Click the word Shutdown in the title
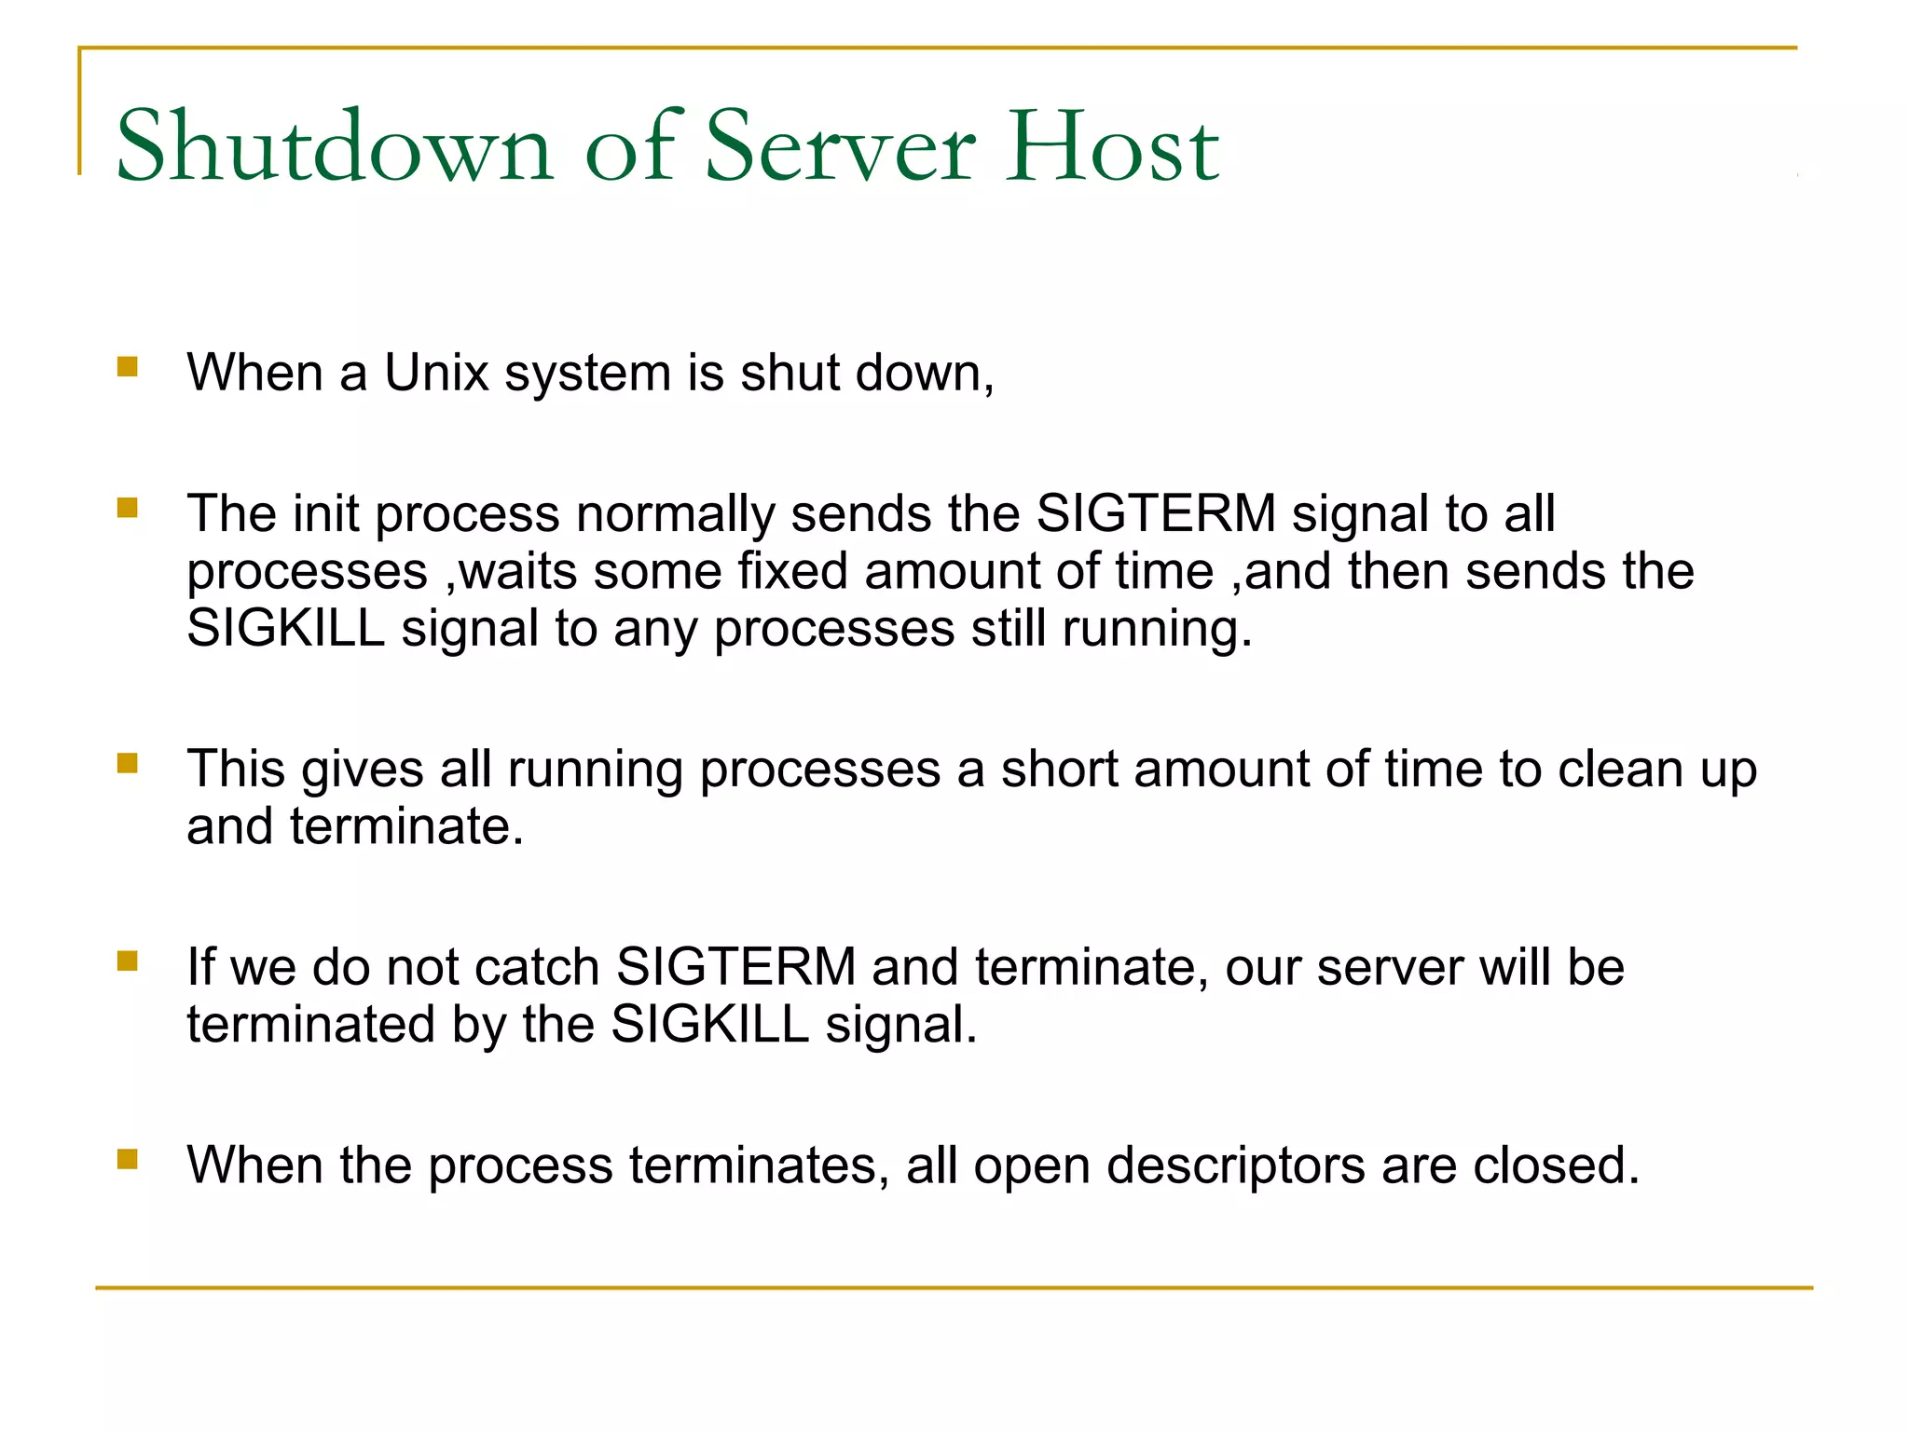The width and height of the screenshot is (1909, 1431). point(335,147)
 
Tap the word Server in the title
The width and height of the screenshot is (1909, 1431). point(840,147)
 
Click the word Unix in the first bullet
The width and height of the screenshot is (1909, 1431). point(436,373)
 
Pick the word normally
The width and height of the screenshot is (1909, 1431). point(675,514)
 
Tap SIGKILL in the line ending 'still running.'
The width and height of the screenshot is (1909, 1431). point(286,628)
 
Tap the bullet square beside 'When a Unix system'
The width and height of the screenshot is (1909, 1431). point(128,366)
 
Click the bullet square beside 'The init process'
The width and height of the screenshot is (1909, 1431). point(128,508)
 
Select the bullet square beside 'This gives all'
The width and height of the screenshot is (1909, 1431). point(128,763)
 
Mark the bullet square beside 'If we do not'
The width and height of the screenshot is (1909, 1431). point(128,961)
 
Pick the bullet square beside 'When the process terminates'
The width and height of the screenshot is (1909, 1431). point(128,1159)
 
